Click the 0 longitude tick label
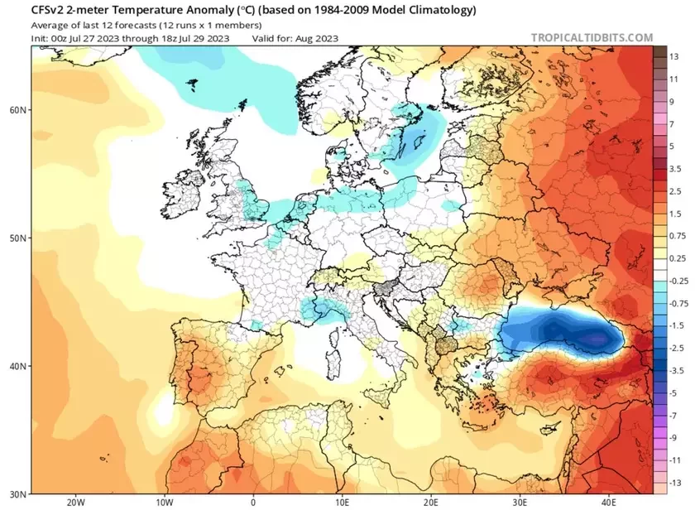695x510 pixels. coord(253,502)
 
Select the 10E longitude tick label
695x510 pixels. coord(342,502)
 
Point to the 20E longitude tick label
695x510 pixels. coord(430,502)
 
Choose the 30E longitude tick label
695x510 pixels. coord(520,502)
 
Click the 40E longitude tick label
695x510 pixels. coord(608,502)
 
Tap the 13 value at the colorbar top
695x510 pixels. coord(673,56)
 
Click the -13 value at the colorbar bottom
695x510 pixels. coord(673,481)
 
